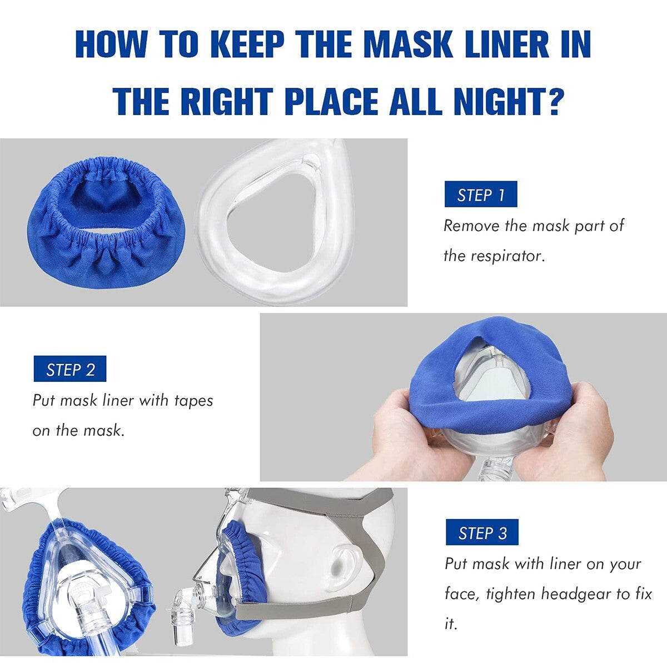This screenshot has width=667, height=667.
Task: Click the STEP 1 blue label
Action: click(481, 195)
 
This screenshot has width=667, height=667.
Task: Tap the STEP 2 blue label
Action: click(70, 370)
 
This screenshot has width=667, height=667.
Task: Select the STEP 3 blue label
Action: click(482, 533)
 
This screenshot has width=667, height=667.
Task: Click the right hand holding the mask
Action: click(578, 428)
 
